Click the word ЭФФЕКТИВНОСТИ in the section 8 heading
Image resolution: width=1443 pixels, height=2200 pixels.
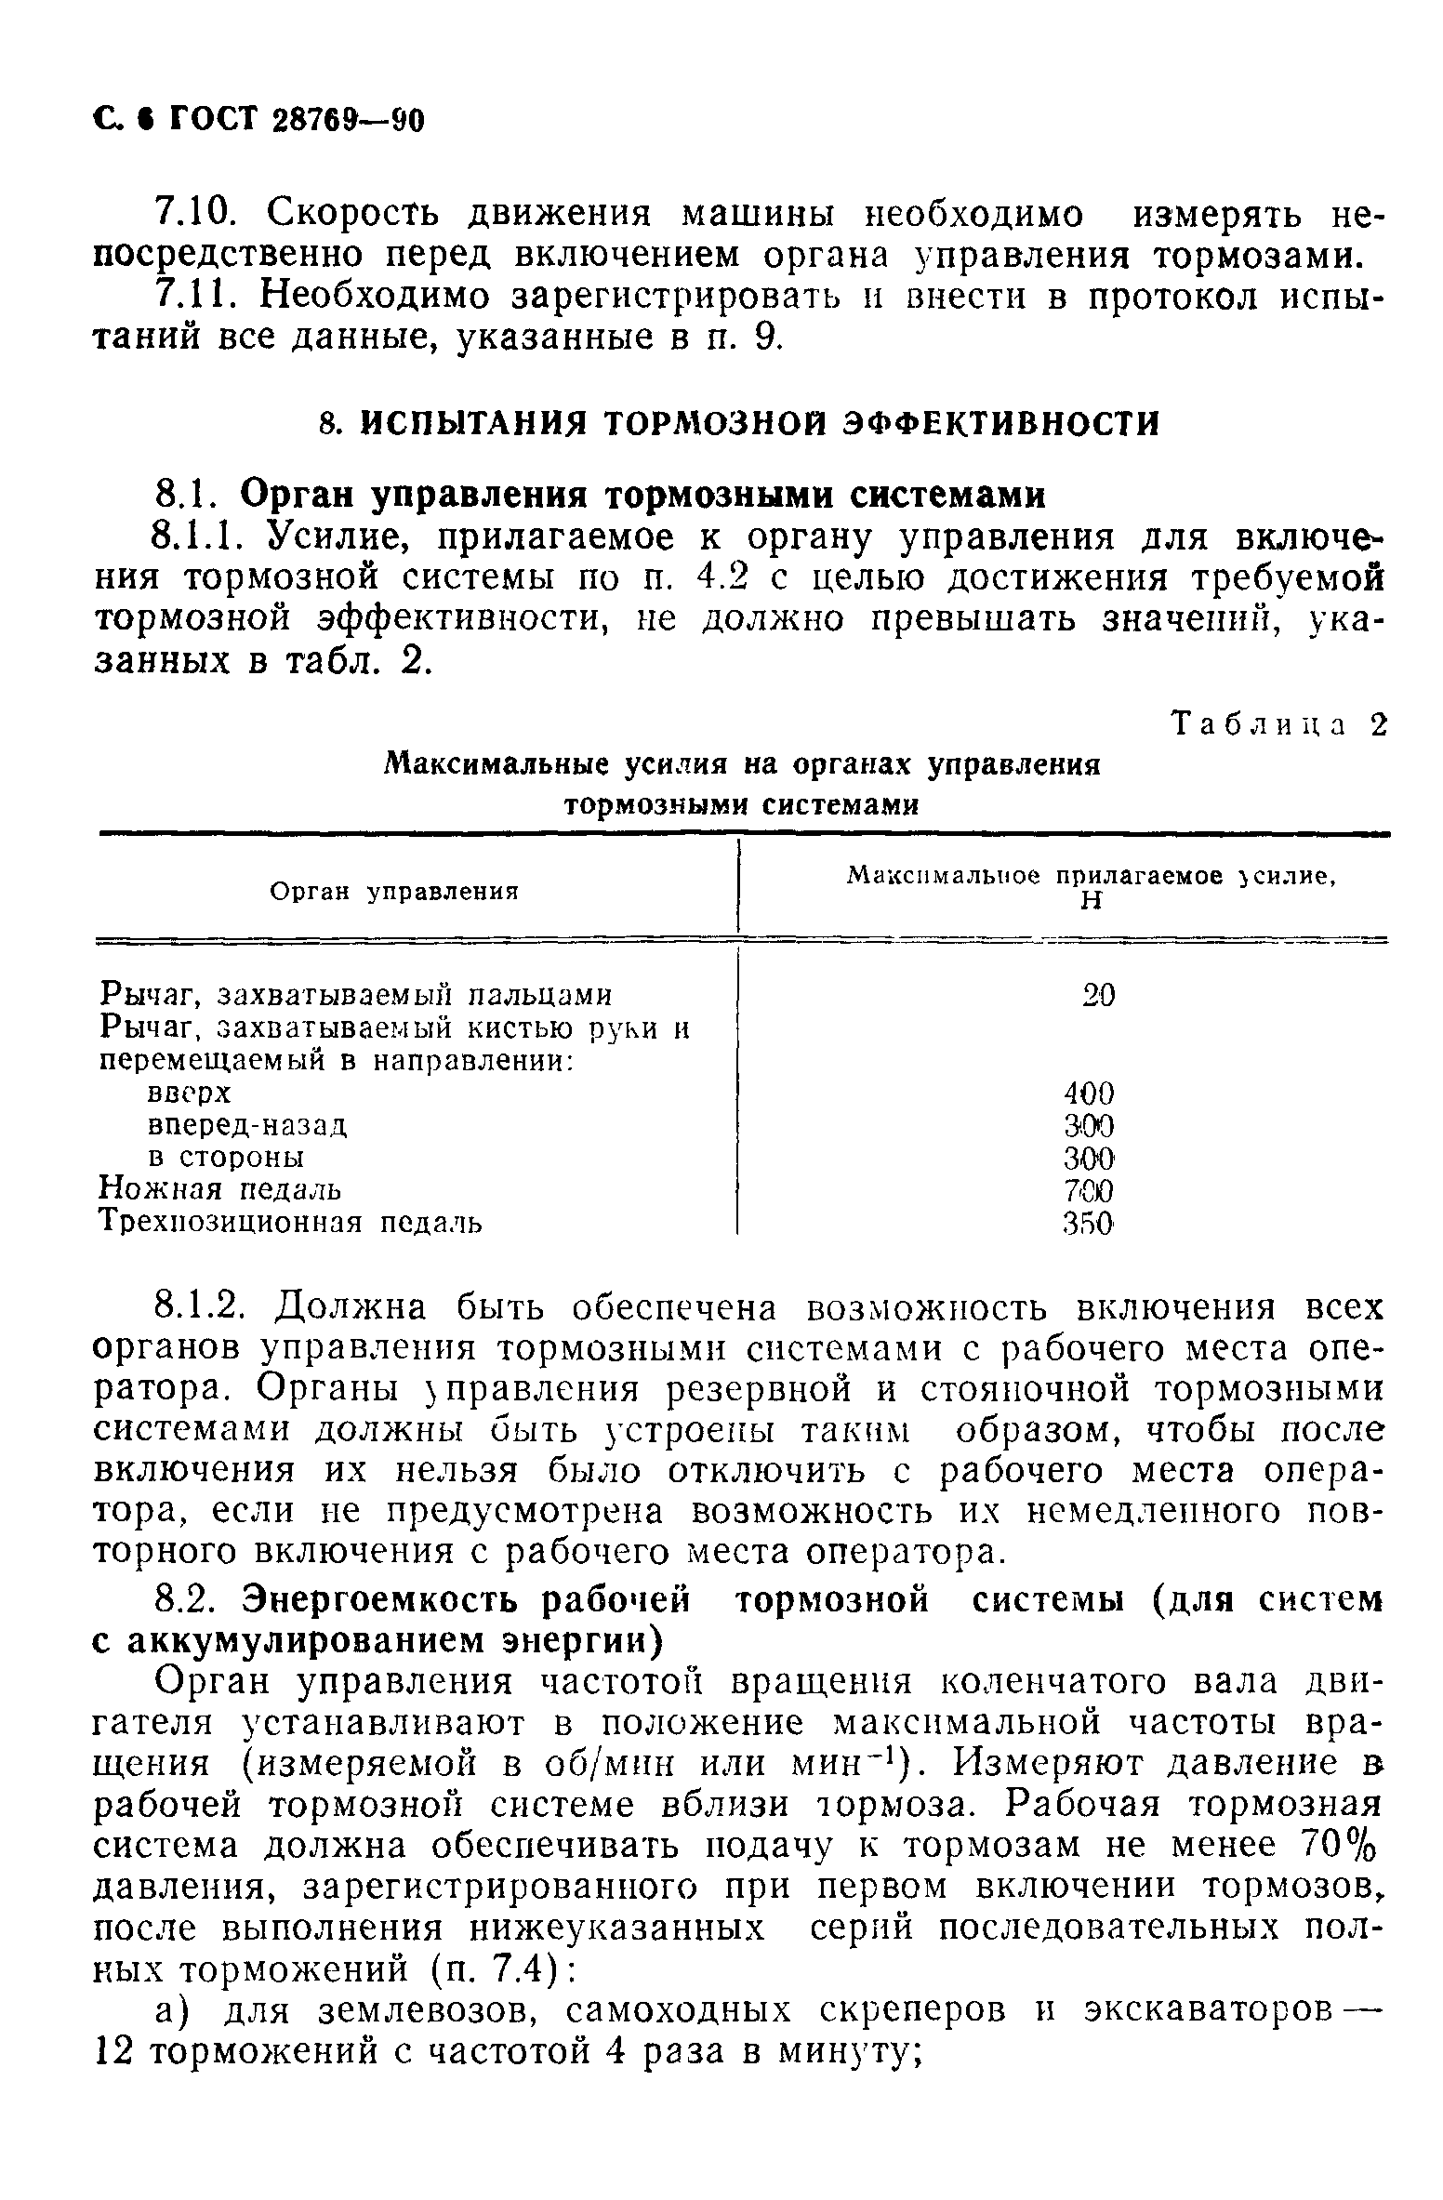pyautogui.click(x=1000, y=424)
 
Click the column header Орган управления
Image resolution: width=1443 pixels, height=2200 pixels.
pyautogui.click(x=393, y=892)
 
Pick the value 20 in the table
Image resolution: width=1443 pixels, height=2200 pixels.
pyautogui.click(x=1099, y=995)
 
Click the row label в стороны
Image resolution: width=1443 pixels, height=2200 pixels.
pyautogui.click(x=227, y=1158)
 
